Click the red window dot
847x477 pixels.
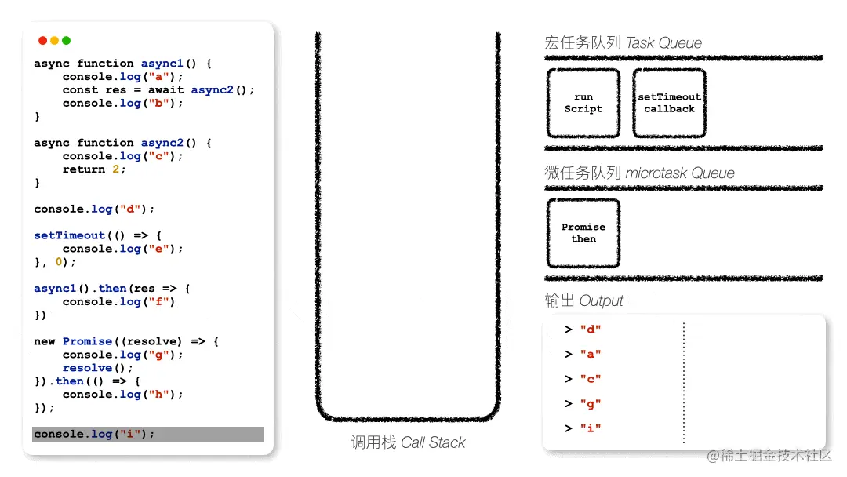(x=42, y=41)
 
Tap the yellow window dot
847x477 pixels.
(x=55, y=41)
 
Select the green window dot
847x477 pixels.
(x=67, y=41)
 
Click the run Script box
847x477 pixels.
(x=583, y=103)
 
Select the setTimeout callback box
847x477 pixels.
(x=669, y=103)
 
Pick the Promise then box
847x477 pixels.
(x=583, y=233)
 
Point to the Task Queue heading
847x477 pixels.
(x=623, y=42)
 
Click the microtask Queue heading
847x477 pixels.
(x=640, y=173)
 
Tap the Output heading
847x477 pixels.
(x=584, y=300)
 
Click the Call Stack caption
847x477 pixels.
(x=408, y=442)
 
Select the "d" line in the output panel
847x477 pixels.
(x=583, y=329)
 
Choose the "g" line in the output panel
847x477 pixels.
(x=583, y=403)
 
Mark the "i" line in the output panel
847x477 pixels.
(x=583, y=428)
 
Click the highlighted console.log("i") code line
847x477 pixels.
(x=148, y=435)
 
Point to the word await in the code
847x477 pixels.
(x=165, y=89)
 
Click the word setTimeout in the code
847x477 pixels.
(x=70, y=235)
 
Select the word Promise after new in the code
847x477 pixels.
(x=88, y=340)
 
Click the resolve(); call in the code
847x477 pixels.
(x=98, y=367)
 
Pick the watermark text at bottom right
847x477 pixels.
(x=769, y=455)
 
